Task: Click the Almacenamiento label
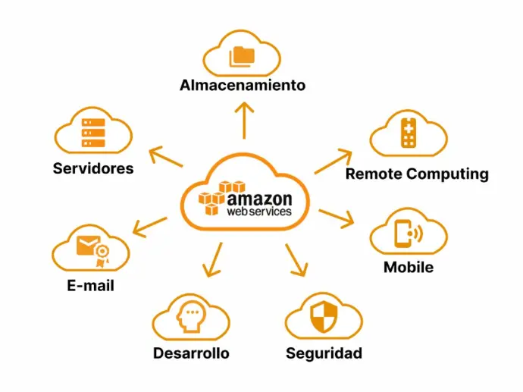(243, 85)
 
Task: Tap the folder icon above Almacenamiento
(243, 55)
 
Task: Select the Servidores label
(93, 168)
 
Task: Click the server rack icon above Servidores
(92, 133)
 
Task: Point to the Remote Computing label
(417, 174)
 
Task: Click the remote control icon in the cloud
(409, 133)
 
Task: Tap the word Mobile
(409, 267)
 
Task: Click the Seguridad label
(324, 353)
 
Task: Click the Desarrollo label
(191, 353)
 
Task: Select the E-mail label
(90, 286)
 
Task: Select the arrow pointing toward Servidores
(164, 157)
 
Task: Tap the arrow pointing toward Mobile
(337, 218)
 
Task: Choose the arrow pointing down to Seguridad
(296, 260)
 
